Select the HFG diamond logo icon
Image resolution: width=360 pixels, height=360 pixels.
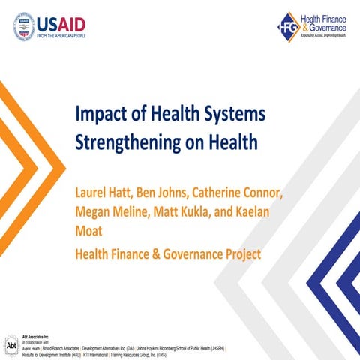[290, 26]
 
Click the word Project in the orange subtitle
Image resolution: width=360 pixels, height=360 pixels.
[240, 254]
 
